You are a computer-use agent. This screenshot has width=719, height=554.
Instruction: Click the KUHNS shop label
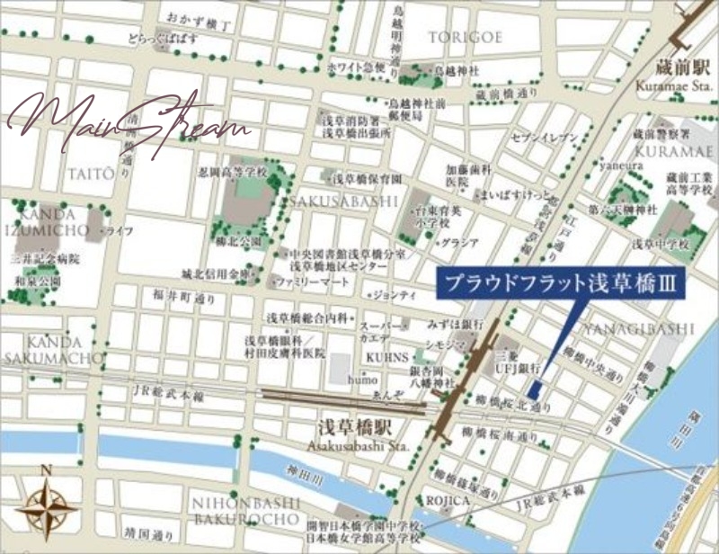(x=385, y=357)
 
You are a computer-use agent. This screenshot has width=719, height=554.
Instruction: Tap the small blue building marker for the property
(x=533, y=389)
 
